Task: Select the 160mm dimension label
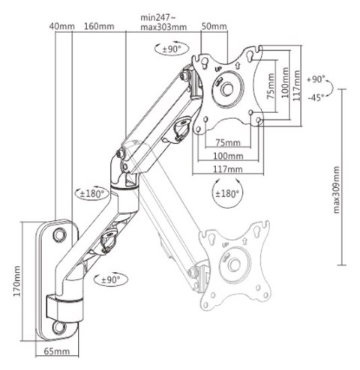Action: pyautogui.click(x=99, y=27)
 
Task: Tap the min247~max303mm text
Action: pyautogui.click(x=164, y=22)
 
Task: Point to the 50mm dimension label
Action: pyautogui.click(x=215, y=27)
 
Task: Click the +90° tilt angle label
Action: pyautogui.click(x=315, y=78)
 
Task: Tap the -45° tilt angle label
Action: pyautogui.click(x=315, y=97)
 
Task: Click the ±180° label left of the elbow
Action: pyautogui.click(x=92, y=192)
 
